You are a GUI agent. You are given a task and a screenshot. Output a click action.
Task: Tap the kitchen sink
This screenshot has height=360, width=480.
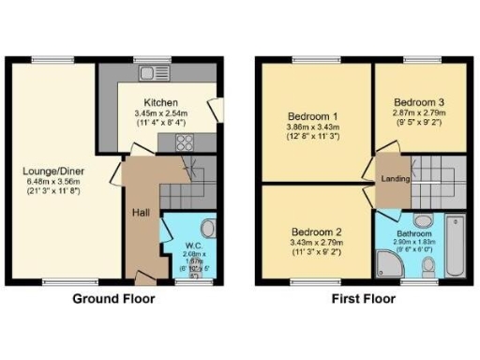tap(150, 73)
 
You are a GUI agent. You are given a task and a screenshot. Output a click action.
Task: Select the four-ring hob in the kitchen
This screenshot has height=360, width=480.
tap(184, 143)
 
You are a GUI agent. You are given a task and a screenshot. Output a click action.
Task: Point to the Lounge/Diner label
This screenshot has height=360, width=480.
tap(52, 172)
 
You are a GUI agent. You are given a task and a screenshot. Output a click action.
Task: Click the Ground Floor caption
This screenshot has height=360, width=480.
tap(114, 299)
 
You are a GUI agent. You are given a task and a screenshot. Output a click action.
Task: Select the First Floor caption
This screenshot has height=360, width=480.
tap(363, 299)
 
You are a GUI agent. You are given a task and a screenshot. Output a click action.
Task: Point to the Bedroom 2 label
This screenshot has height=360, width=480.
tap(315, 232)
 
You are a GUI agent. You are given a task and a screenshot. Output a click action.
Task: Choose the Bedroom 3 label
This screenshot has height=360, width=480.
tap(418, 102)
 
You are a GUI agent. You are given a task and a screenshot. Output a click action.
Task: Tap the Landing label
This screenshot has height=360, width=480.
tap(395, 178)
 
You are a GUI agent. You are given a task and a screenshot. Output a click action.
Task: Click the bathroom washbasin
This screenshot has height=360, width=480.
tap(423, 221)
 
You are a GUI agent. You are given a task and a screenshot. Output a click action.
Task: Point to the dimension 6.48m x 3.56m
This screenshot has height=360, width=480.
tap(52, 182)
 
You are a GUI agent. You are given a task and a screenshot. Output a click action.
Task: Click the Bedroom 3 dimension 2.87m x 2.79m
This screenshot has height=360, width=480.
tap(418, 112)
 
